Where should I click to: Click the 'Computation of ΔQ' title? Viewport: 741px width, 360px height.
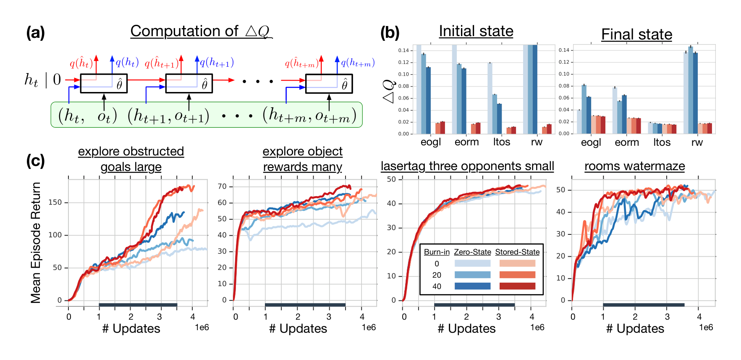point(201,31)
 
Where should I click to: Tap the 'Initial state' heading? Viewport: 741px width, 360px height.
point(476,31)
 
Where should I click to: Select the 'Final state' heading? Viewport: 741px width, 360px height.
point(636,34)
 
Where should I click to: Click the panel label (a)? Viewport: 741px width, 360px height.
point(35,32)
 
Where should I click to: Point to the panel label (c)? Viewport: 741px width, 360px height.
point(35,161)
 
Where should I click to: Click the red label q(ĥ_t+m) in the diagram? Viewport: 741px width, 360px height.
point(301,63)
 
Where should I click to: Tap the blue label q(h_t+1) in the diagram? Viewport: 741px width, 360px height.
point(216,63)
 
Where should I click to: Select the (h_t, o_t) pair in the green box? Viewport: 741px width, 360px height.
point(87,115)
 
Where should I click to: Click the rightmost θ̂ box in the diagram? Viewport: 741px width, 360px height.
point(329,84)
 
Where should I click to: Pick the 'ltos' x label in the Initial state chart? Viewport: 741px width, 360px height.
point(501,142)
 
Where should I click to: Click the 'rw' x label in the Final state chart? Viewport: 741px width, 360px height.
point(697,142)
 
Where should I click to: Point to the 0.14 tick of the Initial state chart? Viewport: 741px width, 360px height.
point(403,50)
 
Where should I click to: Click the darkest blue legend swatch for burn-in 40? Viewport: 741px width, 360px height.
point(472,286)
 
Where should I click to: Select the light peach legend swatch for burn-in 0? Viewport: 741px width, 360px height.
point(517,263)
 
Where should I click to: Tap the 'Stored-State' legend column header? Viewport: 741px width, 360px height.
point(517,252)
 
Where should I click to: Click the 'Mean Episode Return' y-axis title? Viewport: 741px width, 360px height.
point(36,242)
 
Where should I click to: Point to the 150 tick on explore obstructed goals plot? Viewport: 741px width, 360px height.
point(55,202)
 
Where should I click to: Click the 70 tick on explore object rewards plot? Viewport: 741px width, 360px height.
point(222,187)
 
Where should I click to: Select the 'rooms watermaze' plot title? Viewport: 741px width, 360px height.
point(634,166)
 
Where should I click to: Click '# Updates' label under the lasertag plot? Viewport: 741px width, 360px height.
point(466,328)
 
